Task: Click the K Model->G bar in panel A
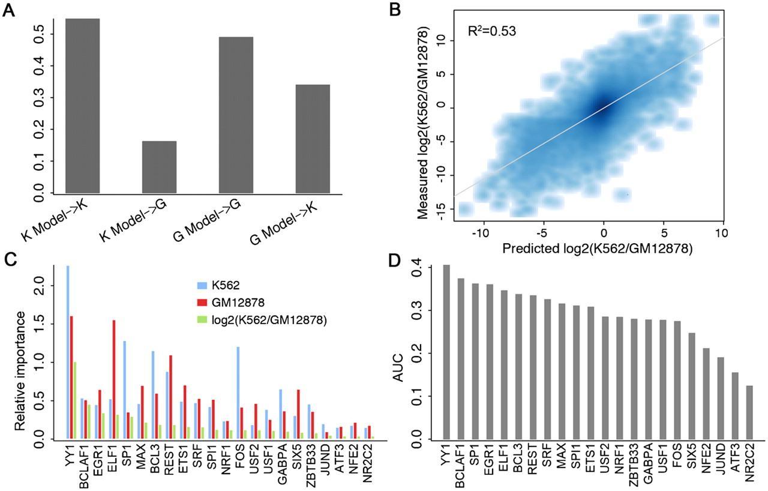[x=159, y=167]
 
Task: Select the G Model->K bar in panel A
[x=313, y=139]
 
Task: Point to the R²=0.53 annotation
[x=491, y=31]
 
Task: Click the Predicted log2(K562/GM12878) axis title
[x=597, y=249]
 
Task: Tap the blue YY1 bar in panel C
[x=68, y=352]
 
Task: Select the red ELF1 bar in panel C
[x=114, y=379]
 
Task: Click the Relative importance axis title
[x=20, y=371]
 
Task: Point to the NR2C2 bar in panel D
[x=749, y=412]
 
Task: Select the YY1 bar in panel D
[x=446, y=352]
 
